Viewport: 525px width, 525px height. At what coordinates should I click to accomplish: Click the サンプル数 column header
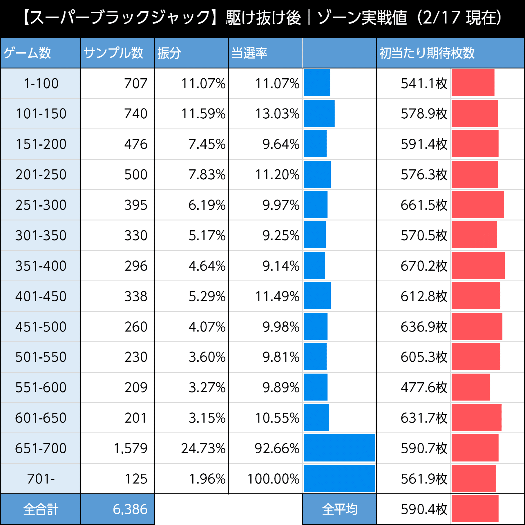point(113,53)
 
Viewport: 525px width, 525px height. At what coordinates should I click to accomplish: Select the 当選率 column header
point(249,53)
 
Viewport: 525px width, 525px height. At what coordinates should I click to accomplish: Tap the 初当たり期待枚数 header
point(427,53)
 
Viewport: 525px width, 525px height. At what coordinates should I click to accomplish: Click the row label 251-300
point(41,205)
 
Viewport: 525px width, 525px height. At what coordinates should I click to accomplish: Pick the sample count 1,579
point(131,448)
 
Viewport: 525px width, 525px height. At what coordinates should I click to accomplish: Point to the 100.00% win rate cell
point(273,479)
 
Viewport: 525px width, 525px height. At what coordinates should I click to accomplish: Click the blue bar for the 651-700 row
point(339,448)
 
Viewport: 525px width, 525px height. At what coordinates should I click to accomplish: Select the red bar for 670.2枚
point(478,265)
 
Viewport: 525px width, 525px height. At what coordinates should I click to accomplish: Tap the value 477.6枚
point(424,388)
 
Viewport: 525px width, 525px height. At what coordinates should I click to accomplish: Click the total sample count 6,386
point(130,509)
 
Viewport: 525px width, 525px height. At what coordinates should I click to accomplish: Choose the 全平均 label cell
point(340,509)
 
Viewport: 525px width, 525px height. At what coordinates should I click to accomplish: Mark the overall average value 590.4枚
point(424,509)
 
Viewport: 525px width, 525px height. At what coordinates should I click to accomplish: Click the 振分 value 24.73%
point(203,448)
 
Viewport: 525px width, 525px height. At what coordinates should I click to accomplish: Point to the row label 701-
point(41,479)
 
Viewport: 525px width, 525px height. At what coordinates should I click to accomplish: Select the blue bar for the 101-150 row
point(319,113)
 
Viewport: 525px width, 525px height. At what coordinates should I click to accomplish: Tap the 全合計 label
point(41,509)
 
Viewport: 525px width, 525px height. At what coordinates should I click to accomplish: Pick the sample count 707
point(136,84)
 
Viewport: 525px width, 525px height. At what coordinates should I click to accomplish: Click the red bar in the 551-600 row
point(470,387)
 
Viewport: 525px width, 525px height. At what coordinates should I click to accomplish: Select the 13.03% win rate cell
point(277,114)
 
